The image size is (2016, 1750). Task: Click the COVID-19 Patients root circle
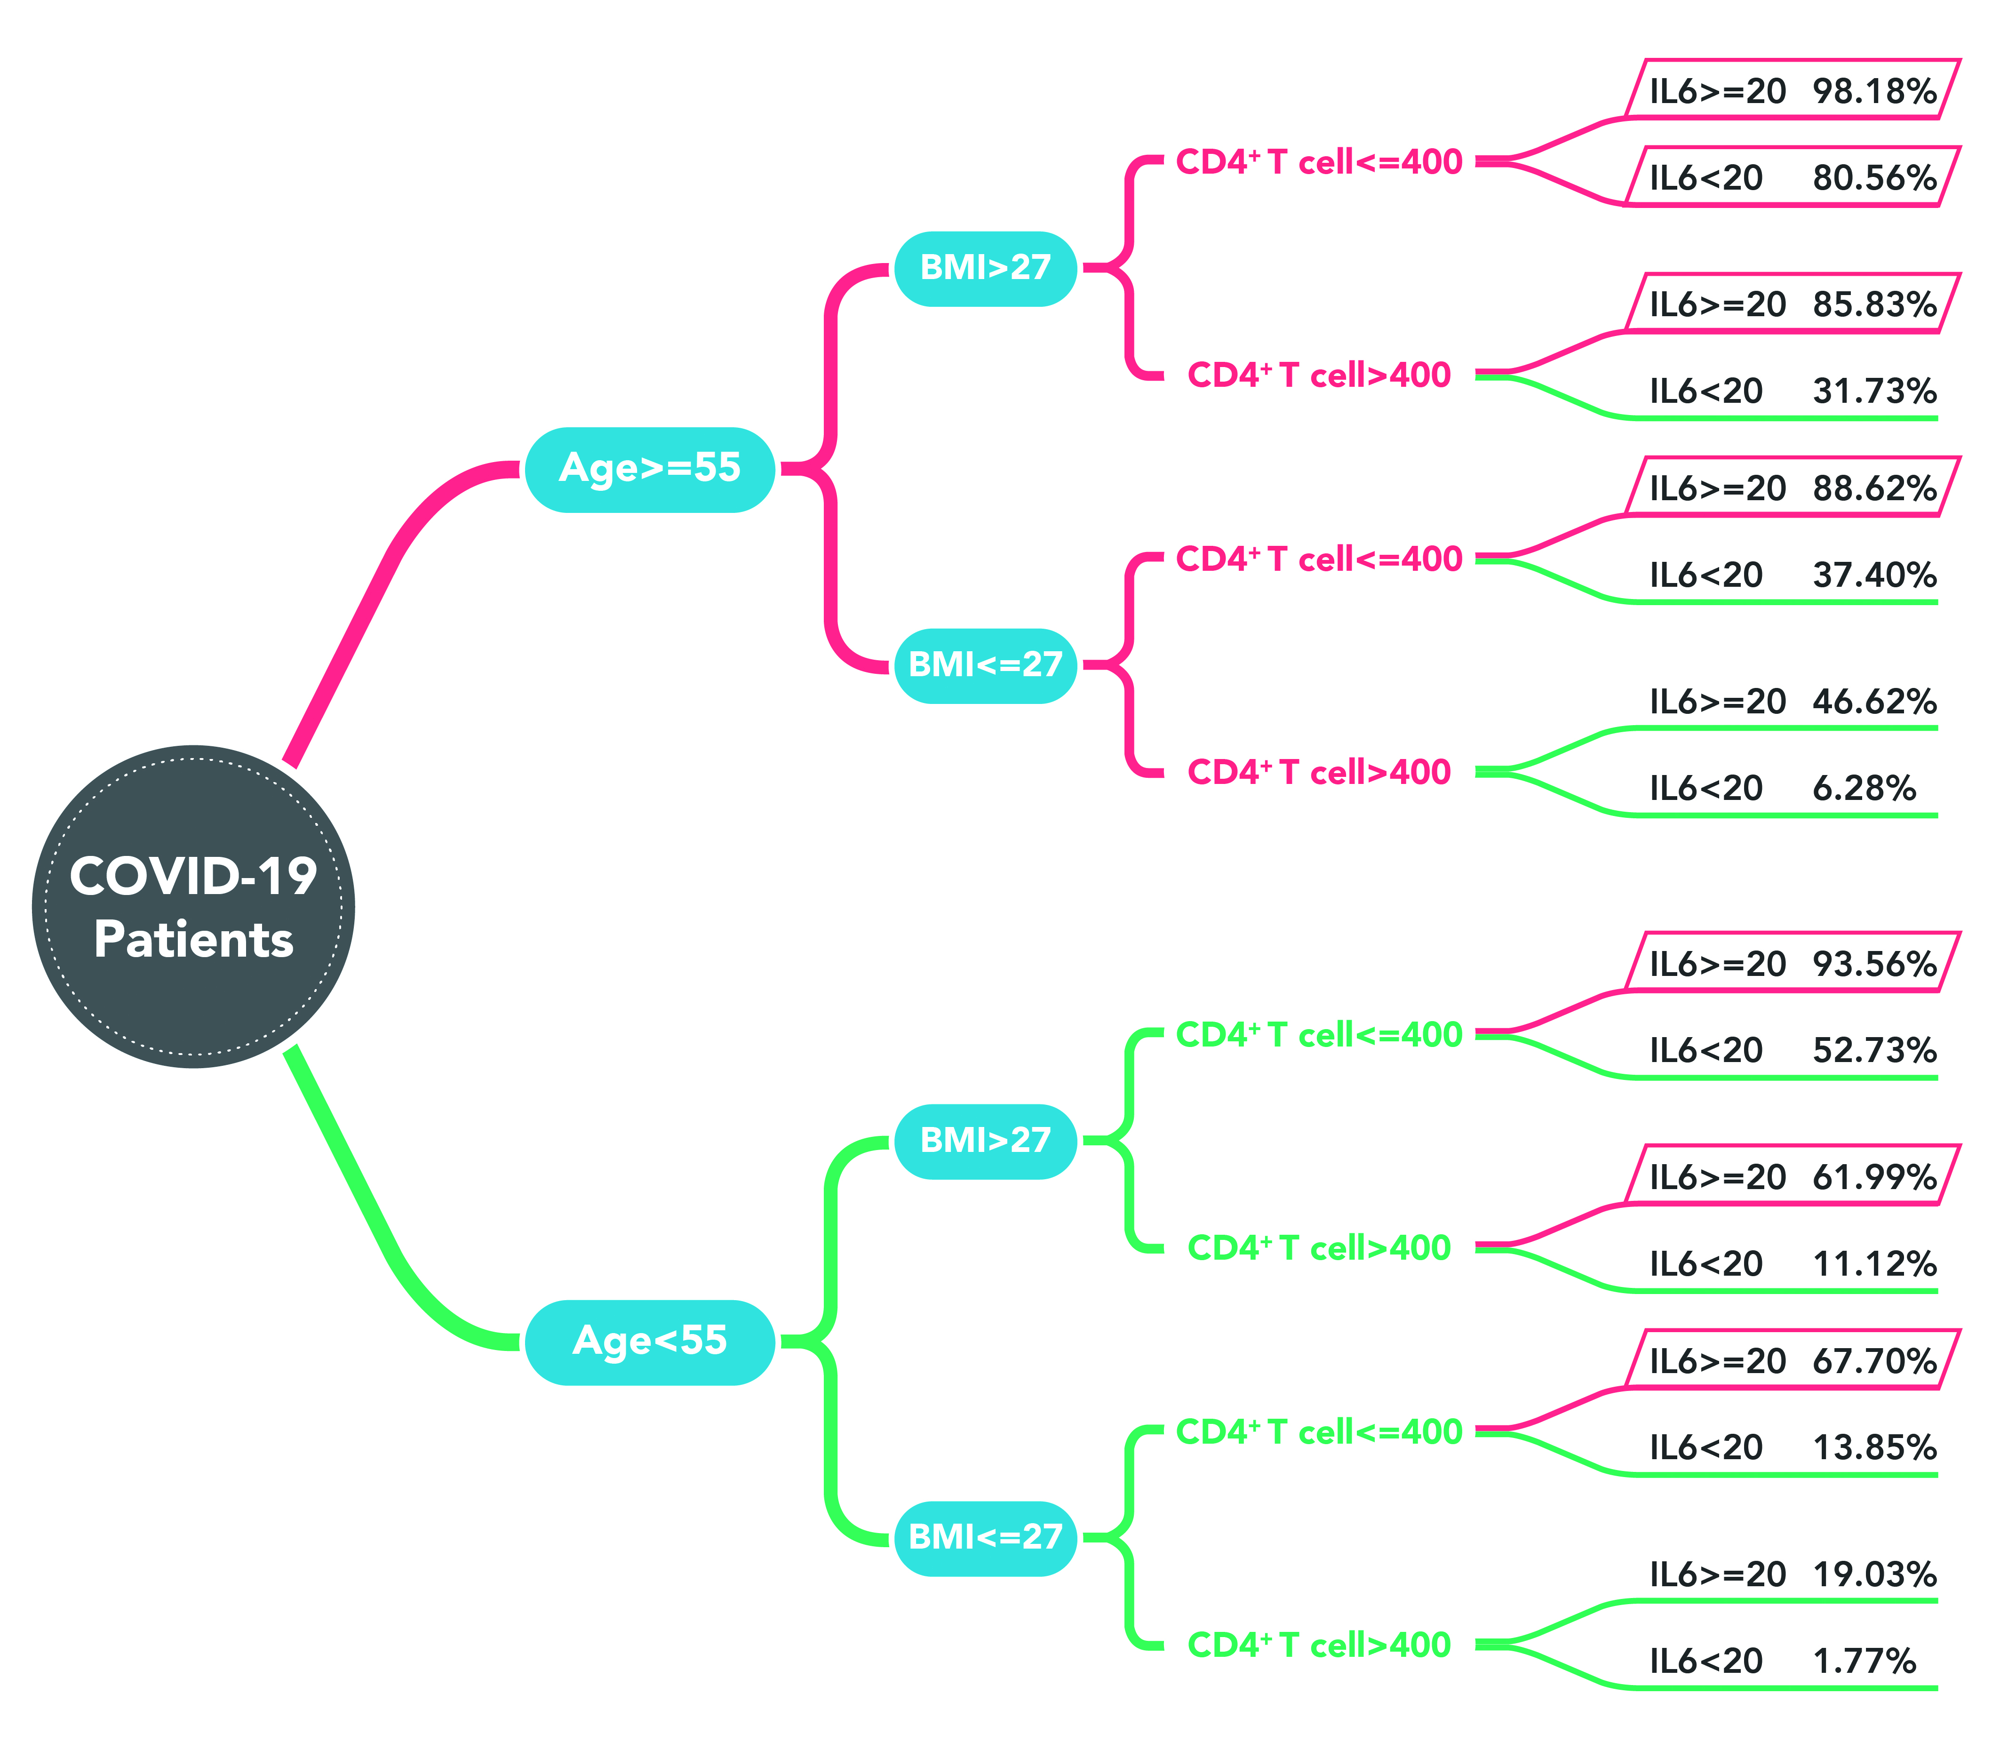[x=193, y=906]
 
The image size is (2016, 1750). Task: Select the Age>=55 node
[x=650, y=470]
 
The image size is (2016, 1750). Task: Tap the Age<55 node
[x=650, y=1342]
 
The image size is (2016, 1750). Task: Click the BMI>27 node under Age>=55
[x=986, y=269]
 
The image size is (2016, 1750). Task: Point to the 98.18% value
[x=1874, y=92]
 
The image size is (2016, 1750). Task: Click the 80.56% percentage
[x=1874, y=178]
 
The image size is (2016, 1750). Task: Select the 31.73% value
[x=1874, y=392]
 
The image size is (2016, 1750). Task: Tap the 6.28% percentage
[x=1864, y=788]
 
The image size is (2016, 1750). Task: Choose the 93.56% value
[x=1874, y=965]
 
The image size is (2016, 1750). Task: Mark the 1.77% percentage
[x=1864, y=1661]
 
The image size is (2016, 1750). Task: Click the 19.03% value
[x=1874, y=1575]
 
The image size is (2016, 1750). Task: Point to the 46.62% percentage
[x=1874, y=702]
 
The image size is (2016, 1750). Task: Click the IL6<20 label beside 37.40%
[x=1705, y=575]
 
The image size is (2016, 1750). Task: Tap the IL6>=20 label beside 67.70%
[x=1717, y=1361]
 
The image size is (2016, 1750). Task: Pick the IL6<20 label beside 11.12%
[x=1705, y=1265]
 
